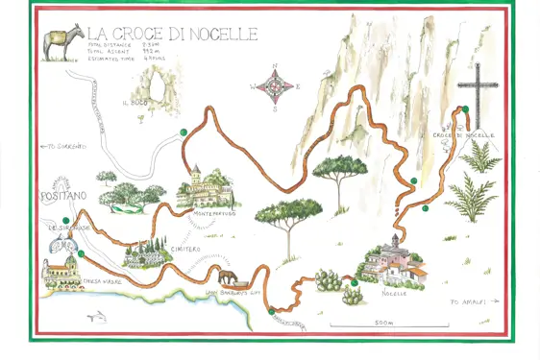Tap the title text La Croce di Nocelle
point(172,35)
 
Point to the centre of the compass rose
point(276,86)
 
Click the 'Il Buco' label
point(131,98)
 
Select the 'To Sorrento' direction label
point(63,146)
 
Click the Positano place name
point(64,195)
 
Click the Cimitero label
point(184,249)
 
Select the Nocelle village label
point(394,293)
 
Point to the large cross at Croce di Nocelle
point(474,91)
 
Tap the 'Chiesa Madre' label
point(102,281)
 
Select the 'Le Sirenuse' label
point(72,228)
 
